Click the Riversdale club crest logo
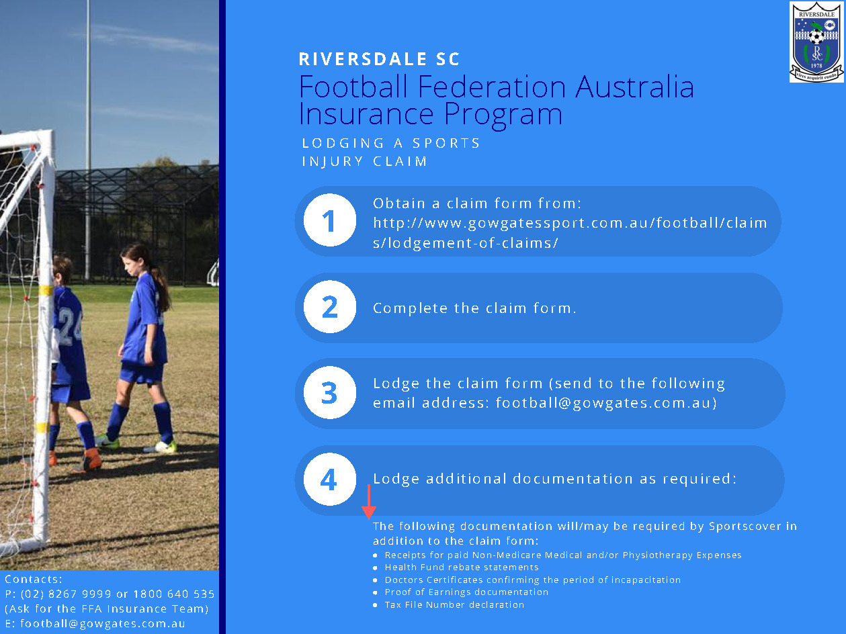pos(816,42)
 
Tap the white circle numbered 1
pos(329,221)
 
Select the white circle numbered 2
pos(329,308)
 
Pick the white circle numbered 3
pos(329,394)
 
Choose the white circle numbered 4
pos(329,480)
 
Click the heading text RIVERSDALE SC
pos(379,59)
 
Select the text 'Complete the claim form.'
pos(474,308)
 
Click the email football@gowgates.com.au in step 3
pos(606,403)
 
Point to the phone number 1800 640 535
pos(173,594)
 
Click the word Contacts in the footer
pos(33,579)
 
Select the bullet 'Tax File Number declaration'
pos(454,604)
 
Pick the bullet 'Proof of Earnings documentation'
pos(466,592)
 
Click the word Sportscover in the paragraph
pos(743,526)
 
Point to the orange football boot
pos(91,461)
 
